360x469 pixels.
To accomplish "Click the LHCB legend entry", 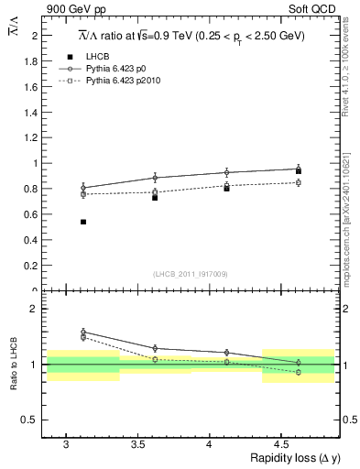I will click(x=96, y=57).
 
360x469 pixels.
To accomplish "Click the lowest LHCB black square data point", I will click(x=83, y=222).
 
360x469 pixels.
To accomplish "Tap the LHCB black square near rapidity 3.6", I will click(x=155, y=197).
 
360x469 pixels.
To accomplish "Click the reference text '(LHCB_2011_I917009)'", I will click(x=190, y=273).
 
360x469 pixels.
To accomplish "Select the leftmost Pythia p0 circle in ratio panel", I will click(x=83, y=333).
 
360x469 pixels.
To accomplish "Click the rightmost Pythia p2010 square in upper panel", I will click(x=299, y=183).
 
